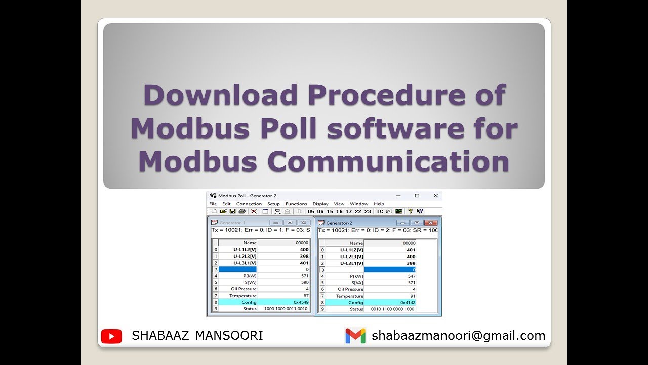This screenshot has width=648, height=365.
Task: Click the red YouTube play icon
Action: click(x=111, y=336)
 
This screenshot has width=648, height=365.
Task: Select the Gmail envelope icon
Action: click(x=355, y=336)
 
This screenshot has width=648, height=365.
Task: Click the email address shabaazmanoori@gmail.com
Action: click(x=458, y=336)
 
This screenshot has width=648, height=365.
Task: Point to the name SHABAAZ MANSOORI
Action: click(x=197, y=336)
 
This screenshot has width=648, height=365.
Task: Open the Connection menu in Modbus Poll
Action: click(x=249, y=204)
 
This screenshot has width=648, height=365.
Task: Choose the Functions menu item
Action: click(x=296, y=204)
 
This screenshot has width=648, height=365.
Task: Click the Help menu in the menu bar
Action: click(x=379, y=204)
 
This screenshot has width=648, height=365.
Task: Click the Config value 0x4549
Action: click(x=301, y=302)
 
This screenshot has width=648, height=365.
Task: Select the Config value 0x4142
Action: click(x=408, y=302)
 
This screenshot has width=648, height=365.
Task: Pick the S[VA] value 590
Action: click(x=304, y=282)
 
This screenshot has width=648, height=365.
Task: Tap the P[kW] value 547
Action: click(x=411, y=276)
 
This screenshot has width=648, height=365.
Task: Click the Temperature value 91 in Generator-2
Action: click(x=412, y=296)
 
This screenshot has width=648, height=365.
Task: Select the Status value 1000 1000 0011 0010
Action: click(x=286, y=309)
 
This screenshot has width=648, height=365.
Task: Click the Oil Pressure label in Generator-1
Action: click(x=244, y=289)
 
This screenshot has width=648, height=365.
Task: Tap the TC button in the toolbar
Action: click(x=379, y=211)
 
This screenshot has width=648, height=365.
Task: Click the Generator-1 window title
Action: click(x=232, y=223)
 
